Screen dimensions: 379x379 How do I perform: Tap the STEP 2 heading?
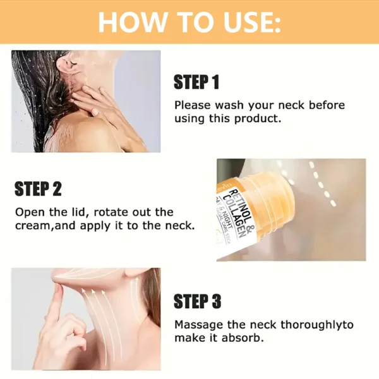(37, 189)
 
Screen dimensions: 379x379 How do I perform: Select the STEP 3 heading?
(197, 302)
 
